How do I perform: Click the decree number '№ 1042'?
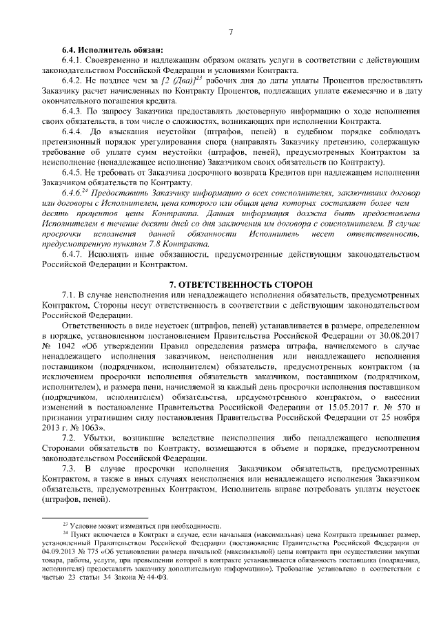[57, 345]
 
